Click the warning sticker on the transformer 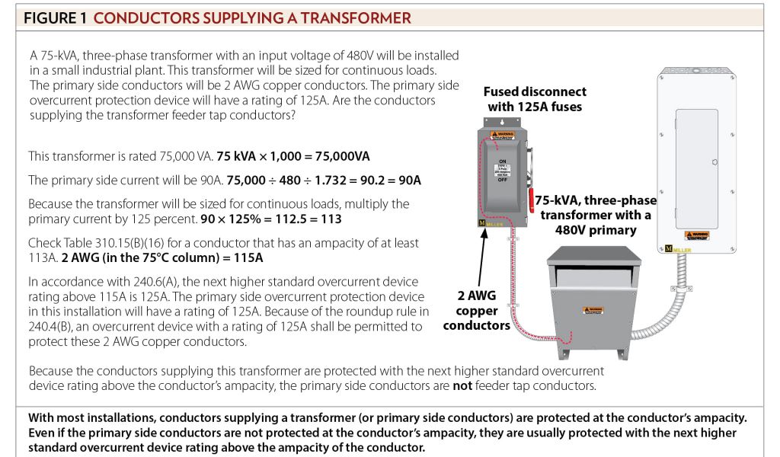click(x=596, y=310)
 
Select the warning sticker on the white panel click(x=699, y=235)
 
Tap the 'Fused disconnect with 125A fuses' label click(x=535, y=99)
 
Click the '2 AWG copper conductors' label click(x=476, y=311)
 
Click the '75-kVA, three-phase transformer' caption click(x=595, y=214)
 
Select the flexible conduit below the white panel click(x=663, y=305)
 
